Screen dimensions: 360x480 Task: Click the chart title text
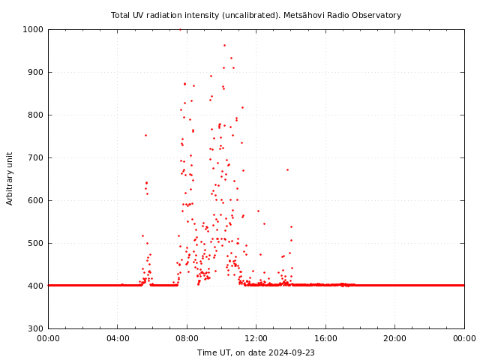256,15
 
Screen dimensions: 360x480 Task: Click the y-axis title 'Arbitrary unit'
10,178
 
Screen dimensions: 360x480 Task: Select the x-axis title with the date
256,352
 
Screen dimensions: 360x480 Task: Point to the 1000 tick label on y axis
34,30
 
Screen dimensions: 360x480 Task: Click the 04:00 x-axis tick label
118,338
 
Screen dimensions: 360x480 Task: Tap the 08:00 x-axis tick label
187,338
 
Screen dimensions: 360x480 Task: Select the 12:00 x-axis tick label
256,338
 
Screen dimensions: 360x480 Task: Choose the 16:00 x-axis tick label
325,338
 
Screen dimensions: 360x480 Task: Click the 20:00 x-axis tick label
395,338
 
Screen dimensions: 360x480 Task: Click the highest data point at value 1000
180,30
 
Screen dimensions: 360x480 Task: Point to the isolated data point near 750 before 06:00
145,135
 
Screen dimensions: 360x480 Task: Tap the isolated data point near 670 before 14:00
287,169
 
